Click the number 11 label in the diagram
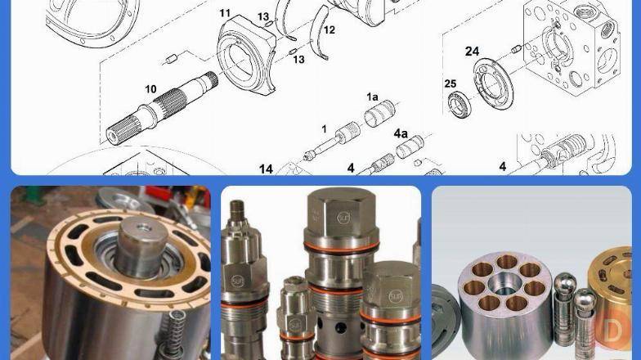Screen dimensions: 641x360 coord(225,13)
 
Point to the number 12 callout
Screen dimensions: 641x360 coord(329,29)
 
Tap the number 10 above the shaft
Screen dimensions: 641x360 coord(150,88)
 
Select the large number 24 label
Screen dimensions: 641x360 coord(472,52)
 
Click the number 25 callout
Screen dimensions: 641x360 coord(450,83)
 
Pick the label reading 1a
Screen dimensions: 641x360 coord(372,97)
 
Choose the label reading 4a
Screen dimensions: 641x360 coord(401,133)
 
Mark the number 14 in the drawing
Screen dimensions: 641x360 coord(266,169)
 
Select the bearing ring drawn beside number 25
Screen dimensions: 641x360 coord(460,104)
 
